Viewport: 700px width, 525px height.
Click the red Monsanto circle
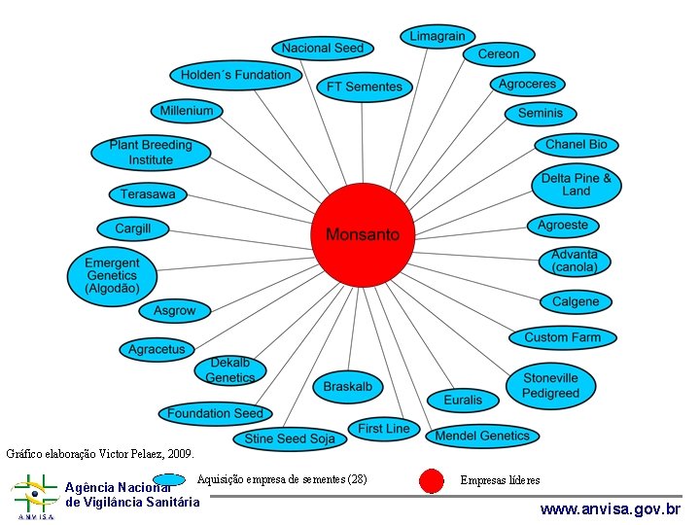(x=362, y=234)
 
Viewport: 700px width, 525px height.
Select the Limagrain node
(x=437, y=36)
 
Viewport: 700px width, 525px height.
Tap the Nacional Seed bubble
(x=322, y=48)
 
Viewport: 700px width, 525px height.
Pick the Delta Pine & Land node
(x=576, y=185)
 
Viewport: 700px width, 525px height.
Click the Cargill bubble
(x=133, y=228)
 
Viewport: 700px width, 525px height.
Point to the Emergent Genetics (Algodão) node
(x=112, y=275)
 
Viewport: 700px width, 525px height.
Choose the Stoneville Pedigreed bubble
(x=549, y=386)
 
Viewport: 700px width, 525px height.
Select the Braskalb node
(x=347, y=386)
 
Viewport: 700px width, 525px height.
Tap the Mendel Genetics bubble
(x=482, y=436)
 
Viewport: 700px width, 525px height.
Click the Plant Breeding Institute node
(x=151, y=153)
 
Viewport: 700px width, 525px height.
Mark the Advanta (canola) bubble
(x=575, y=261)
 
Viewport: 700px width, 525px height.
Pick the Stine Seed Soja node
(x=290, y=438)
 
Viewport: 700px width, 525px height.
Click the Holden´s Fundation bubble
(x=235, y=75)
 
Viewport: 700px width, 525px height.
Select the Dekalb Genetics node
(x=230, y=370)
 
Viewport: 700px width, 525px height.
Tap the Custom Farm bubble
(x=562, y=337)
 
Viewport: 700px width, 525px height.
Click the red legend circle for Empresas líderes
(x=431, y=480)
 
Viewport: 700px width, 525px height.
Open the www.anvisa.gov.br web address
(x=611, y=508)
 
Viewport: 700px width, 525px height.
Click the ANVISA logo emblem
(x=34, y=496)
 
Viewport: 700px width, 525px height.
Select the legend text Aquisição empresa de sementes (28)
(x=281, y=478)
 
